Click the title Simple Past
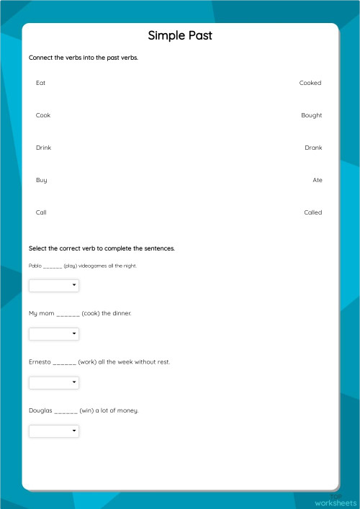180,35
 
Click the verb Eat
40,83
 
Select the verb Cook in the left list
43,115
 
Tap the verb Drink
43,148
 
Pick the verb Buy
41,180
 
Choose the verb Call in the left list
41,212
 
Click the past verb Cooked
310,83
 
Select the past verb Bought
312,115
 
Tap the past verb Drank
313,148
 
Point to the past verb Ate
318,180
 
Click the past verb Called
312,212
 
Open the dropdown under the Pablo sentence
54,286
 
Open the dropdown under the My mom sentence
54,334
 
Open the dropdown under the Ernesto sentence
54,382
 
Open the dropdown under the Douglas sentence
54,431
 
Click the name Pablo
35,266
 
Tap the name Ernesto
40,362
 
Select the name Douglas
40,410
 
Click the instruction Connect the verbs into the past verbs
84,58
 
